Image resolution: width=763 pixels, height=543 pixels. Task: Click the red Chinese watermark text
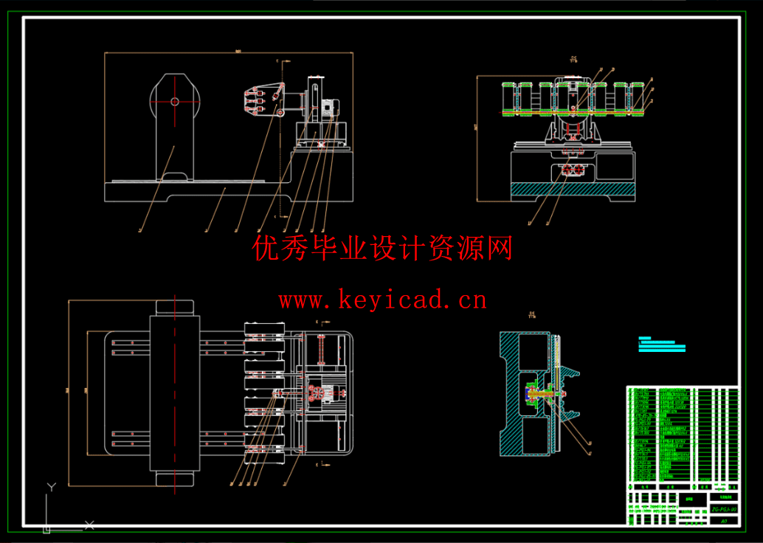pyautogui.click(x=382, y=249)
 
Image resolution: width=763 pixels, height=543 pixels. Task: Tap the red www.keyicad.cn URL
pyautogui.click(x=382, y=300)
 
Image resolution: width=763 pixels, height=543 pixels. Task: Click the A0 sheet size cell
pyautogui.click(x=724, y=521)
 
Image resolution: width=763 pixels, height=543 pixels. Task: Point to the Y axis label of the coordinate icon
pyautogui.click(x=51, y=487)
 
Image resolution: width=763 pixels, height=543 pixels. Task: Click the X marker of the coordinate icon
pyautogui.click(x=90, y=525)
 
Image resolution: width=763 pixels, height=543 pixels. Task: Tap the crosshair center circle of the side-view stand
pyautogui.click(x=175, y=102)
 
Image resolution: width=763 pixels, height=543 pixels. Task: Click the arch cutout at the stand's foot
pyautogui.click(x=175, y=175)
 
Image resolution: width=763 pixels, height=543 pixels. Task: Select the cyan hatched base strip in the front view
pyautogui.click(x=572, y=190)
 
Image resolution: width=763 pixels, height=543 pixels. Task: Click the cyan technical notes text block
pyautogui.click(x=662, y=345)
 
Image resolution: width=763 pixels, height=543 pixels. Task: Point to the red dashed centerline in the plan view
pyautogui.click(x=175, y=391)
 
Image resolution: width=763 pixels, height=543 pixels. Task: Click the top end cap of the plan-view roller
pyautogui.click(x=175, y=307)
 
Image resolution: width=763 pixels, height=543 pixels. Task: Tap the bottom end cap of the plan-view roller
pyautogui.click(x=175, y=479)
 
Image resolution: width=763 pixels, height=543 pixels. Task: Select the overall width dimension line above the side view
pyautogui.click(x=229, y=53)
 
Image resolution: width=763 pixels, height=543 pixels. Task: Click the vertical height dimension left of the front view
pyautogui.click(x=477, y=137)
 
